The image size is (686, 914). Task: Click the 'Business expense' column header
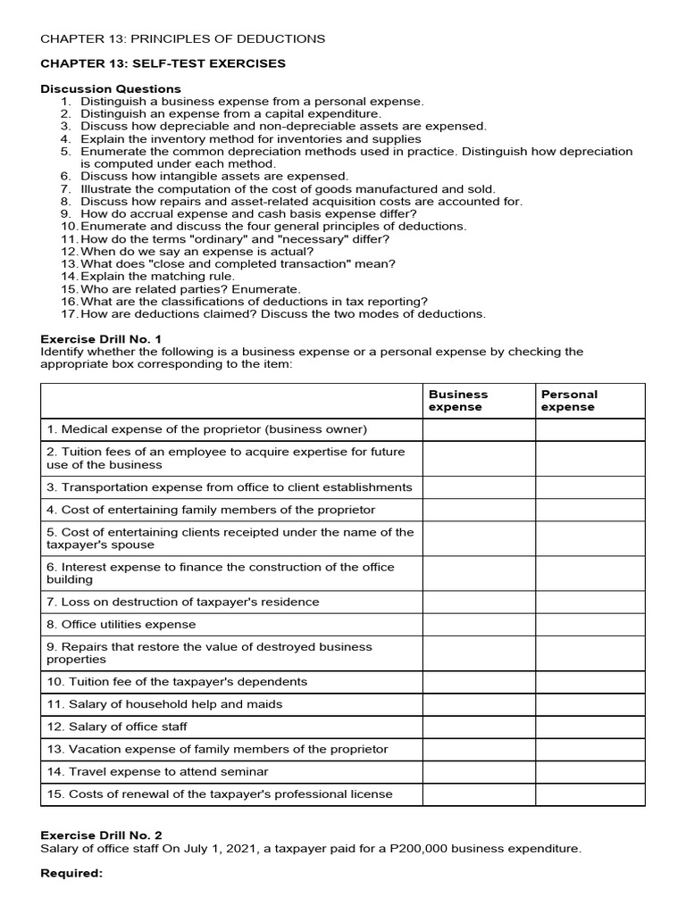point(458,401)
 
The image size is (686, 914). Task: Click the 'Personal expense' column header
point(569,401)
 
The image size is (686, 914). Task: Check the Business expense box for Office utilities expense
point(479,625)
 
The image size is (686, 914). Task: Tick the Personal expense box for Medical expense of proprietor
point(590,430)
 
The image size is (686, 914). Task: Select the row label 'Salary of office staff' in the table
point(117,727)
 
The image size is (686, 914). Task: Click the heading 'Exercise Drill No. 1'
point(101,339)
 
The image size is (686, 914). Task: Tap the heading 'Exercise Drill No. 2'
point(101,835)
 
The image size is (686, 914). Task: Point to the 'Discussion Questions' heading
point(111,89)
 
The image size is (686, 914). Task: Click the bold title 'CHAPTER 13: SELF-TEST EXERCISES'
point(163,63)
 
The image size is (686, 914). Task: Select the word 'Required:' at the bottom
point(72,873)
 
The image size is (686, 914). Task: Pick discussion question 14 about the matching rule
point(157,277)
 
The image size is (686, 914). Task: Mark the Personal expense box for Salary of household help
point(590,704)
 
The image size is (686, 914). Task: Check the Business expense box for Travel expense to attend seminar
point(479,772)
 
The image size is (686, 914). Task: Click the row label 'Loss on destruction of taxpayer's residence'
point(183,602)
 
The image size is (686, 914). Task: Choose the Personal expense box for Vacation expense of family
point(590,750)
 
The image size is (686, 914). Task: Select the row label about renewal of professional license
point(220,794)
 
